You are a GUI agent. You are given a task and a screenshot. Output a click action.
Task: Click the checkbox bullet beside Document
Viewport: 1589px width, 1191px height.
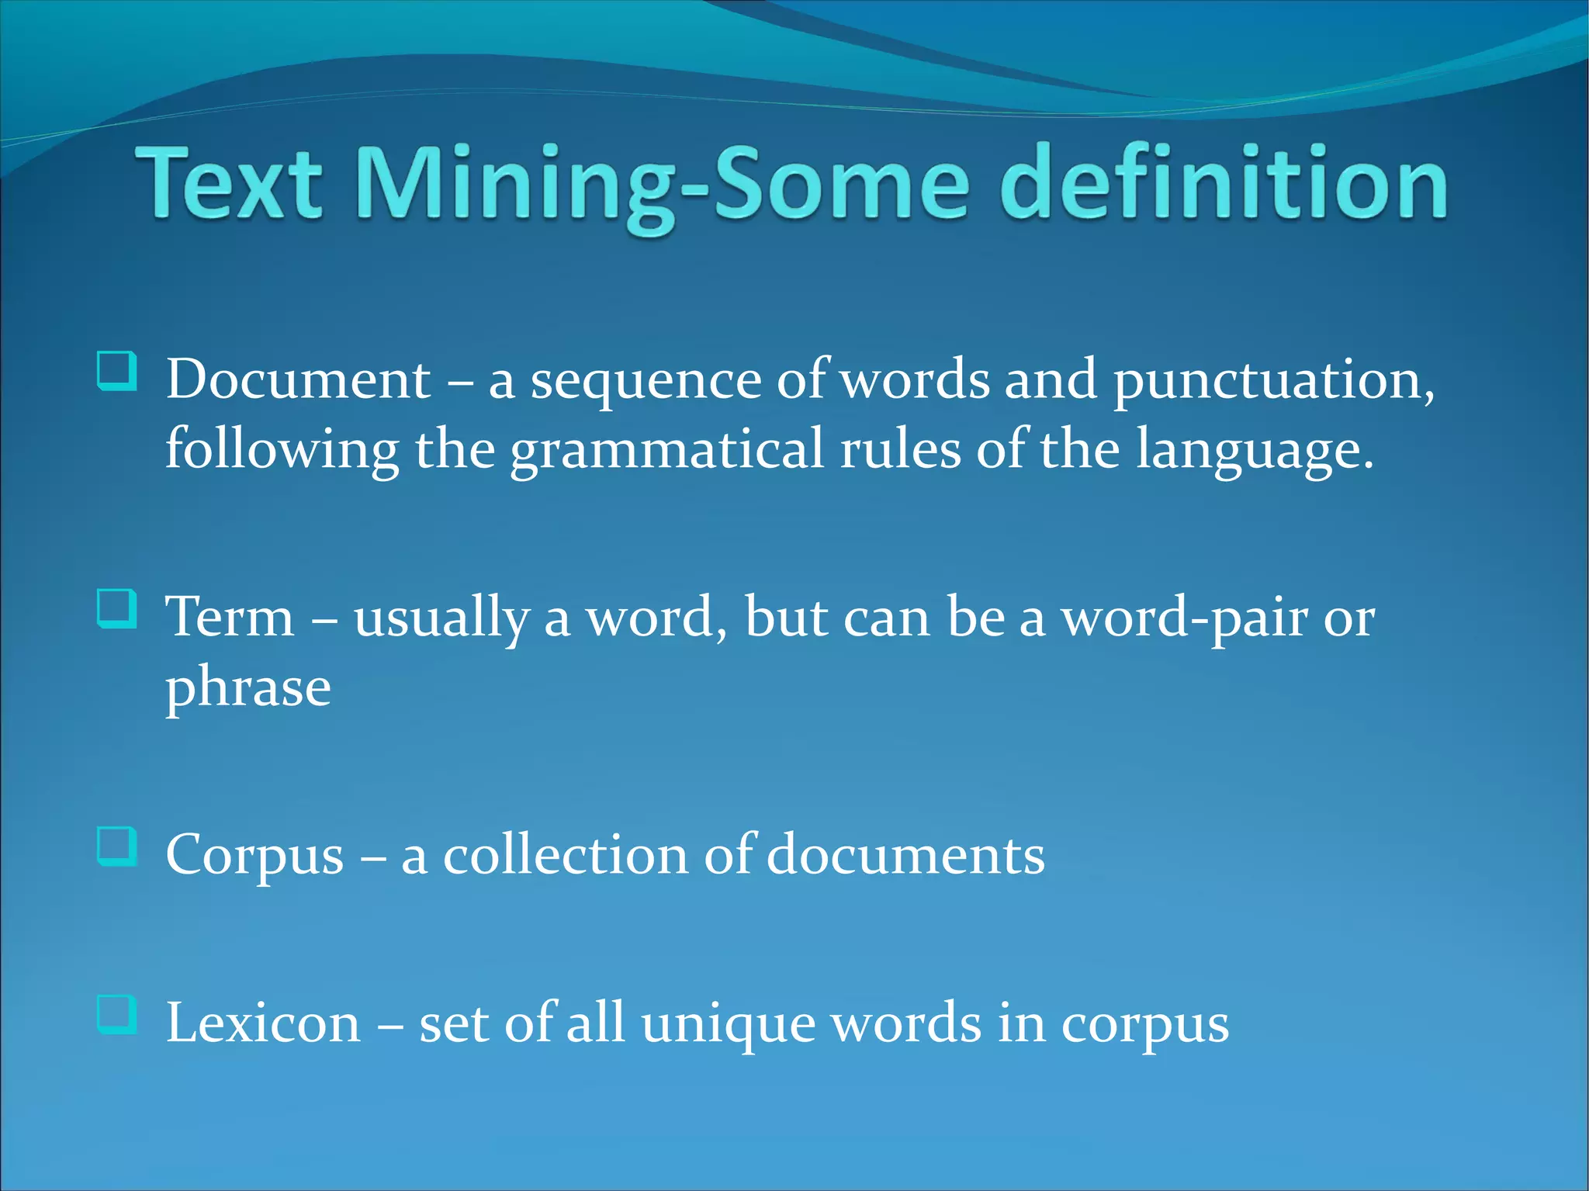[117, 370]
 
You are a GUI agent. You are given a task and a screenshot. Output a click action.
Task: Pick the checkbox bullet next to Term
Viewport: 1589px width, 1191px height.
[117, 608]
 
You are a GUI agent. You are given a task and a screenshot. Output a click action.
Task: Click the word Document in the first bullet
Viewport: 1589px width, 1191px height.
[298, 380]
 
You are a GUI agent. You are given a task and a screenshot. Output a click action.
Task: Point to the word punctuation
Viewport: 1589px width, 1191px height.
[1273, 380]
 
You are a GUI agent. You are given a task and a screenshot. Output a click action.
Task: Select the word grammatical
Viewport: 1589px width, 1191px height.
[666, 450]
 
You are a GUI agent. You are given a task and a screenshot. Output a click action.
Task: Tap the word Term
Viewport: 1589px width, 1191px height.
[230, 618]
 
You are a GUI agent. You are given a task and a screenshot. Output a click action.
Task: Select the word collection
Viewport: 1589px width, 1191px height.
[565, 855]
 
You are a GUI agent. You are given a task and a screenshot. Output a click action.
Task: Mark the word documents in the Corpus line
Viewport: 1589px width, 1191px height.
[905, 855]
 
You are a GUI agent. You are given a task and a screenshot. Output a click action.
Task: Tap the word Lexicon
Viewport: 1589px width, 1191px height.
[264, 1023]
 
